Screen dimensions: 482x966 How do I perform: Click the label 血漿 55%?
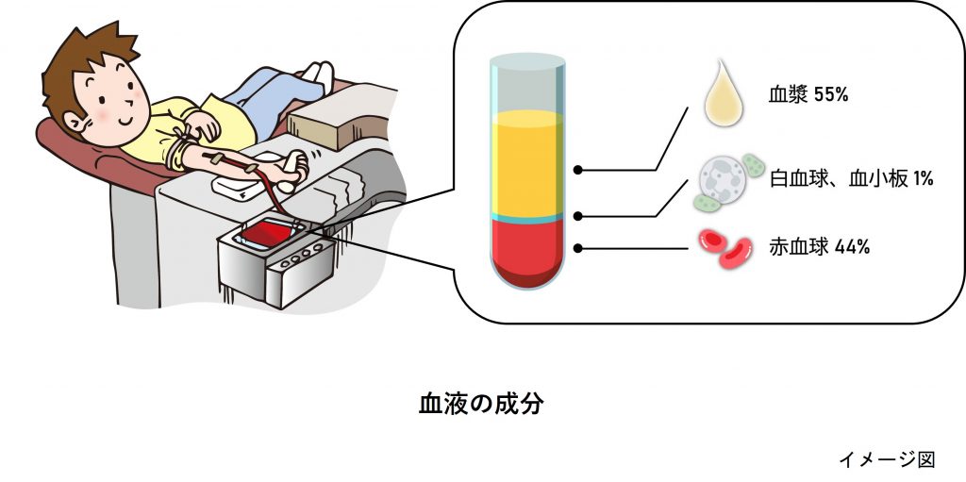(x=809, y=94)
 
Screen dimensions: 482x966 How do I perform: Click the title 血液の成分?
(x=482, y=404)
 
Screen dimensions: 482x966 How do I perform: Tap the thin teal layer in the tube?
(x=527, y=217)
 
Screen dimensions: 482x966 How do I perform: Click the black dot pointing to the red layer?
(x=577, y=249)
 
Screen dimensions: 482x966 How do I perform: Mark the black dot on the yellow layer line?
(x=577, y=170)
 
